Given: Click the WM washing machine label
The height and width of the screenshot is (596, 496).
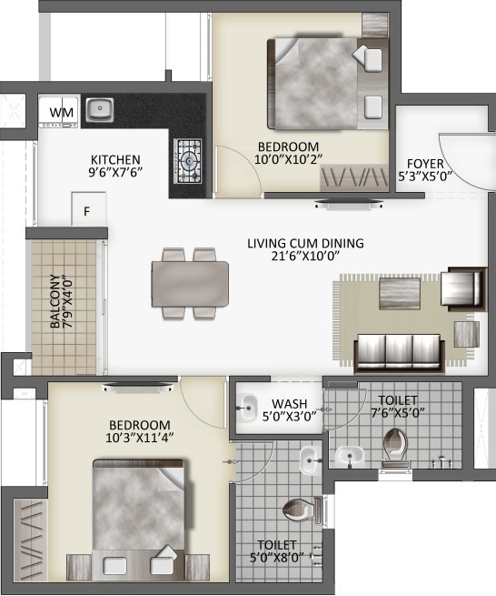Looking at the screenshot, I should pyautogui.click(x=61, y=112).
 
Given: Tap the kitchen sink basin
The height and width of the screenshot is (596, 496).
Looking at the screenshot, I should pyautogui.click(x=99, y=111).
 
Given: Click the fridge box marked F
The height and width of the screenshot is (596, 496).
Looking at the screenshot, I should pyautogui.click(x=87, y=211).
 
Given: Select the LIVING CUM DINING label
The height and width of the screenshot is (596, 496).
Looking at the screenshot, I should pyautogui.click(x=305, y=243).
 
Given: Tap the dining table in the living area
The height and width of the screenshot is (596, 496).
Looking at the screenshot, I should pyautogui.click(x=191, y=282).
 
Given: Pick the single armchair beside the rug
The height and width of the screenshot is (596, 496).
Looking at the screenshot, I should pyautogui.click(x=461, y=288).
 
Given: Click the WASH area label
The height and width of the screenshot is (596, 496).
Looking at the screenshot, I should pyautogui.click(x=288, y=402).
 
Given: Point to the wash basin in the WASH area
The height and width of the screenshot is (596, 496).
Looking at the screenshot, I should pyautogui.click(x=244, y=409).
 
